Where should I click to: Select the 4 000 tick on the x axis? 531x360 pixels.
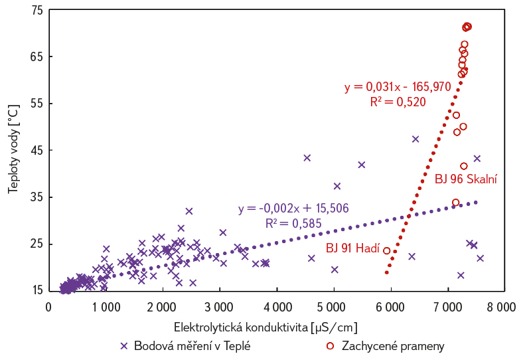point(275,307)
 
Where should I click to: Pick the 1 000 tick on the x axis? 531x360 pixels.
point(106,307)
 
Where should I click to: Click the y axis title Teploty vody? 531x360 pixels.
point(13,150)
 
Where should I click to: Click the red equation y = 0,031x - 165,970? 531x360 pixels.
point(398,87)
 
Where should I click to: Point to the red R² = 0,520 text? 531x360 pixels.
point(398,102)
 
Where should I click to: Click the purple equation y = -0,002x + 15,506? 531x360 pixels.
point(293,208)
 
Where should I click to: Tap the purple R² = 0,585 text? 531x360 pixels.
point(293,223)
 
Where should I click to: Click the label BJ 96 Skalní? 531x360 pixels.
point(466,179)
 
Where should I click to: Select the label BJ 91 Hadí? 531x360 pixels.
point(352,248)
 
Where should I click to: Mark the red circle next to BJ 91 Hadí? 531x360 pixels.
point(387,250)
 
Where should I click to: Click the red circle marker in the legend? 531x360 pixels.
point(330,346)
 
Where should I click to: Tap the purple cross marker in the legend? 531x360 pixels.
point(123,346)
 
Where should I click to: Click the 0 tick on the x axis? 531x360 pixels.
point(48,307)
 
